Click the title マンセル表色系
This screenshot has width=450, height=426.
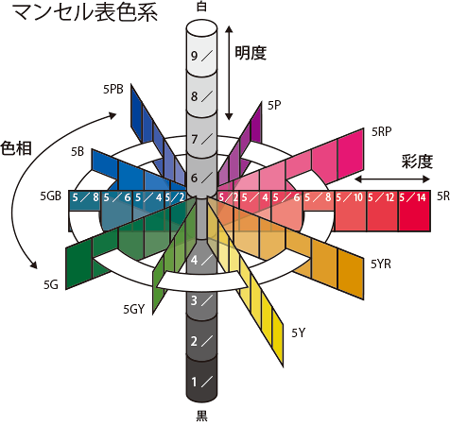(x=85, y=13)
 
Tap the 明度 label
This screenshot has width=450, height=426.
(x=251, y=53)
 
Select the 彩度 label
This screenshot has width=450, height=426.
(x=417, y=162)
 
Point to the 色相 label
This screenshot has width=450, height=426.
(x=16, y=148)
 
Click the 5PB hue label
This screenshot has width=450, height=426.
(x=113, y=89)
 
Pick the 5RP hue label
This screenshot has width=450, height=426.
(x=382, y=132)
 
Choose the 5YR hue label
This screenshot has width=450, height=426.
(x=381, y=264)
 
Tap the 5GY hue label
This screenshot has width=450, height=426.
(x=134, y=309)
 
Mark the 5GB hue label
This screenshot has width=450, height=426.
(x=51, y=196)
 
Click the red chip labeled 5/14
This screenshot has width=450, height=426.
(x=414, y=211)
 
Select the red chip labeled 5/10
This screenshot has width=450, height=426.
(x=350, y=211)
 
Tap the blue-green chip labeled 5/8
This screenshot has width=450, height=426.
(x=85, y=201)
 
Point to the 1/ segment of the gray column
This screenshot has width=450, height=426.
(x=202, y=380)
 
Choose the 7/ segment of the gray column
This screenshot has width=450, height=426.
(x=202, y=137)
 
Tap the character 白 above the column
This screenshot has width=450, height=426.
(x=202, y=6)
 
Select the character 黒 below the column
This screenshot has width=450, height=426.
(x=202, y=415)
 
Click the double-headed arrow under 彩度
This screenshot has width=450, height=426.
(x=392, y=179)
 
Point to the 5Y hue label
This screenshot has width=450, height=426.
(x=298, y=333)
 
